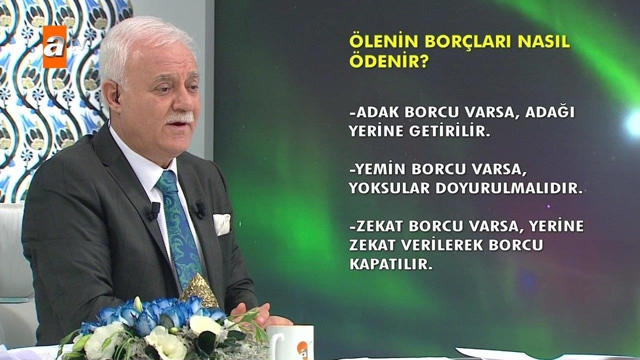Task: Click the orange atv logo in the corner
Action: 54,46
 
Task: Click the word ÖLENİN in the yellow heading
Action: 379,42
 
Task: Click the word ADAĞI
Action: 553,113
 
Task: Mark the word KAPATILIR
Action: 390,264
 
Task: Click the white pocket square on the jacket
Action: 221,224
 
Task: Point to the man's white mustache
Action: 178,118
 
